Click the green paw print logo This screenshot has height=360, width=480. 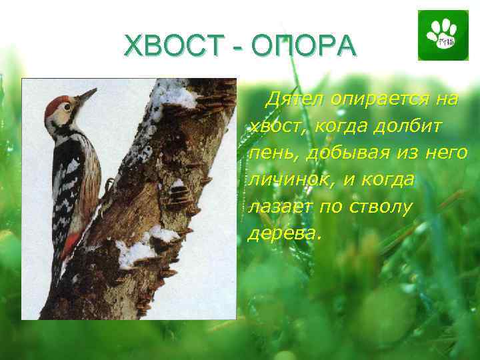[x=439, y=35]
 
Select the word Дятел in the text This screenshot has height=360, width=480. [x=291, y=100]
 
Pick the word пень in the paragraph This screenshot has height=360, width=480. [x=270, y=153]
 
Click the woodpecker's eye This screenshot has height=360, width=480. [x=67, y=107]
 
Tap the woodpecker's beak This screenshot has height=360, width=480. [x=87, y=96]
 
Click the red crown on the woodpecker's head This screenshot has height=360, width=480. [x=57, y=101]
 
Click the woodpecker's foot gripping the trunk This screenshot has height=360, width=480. [x=107, y=185]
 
